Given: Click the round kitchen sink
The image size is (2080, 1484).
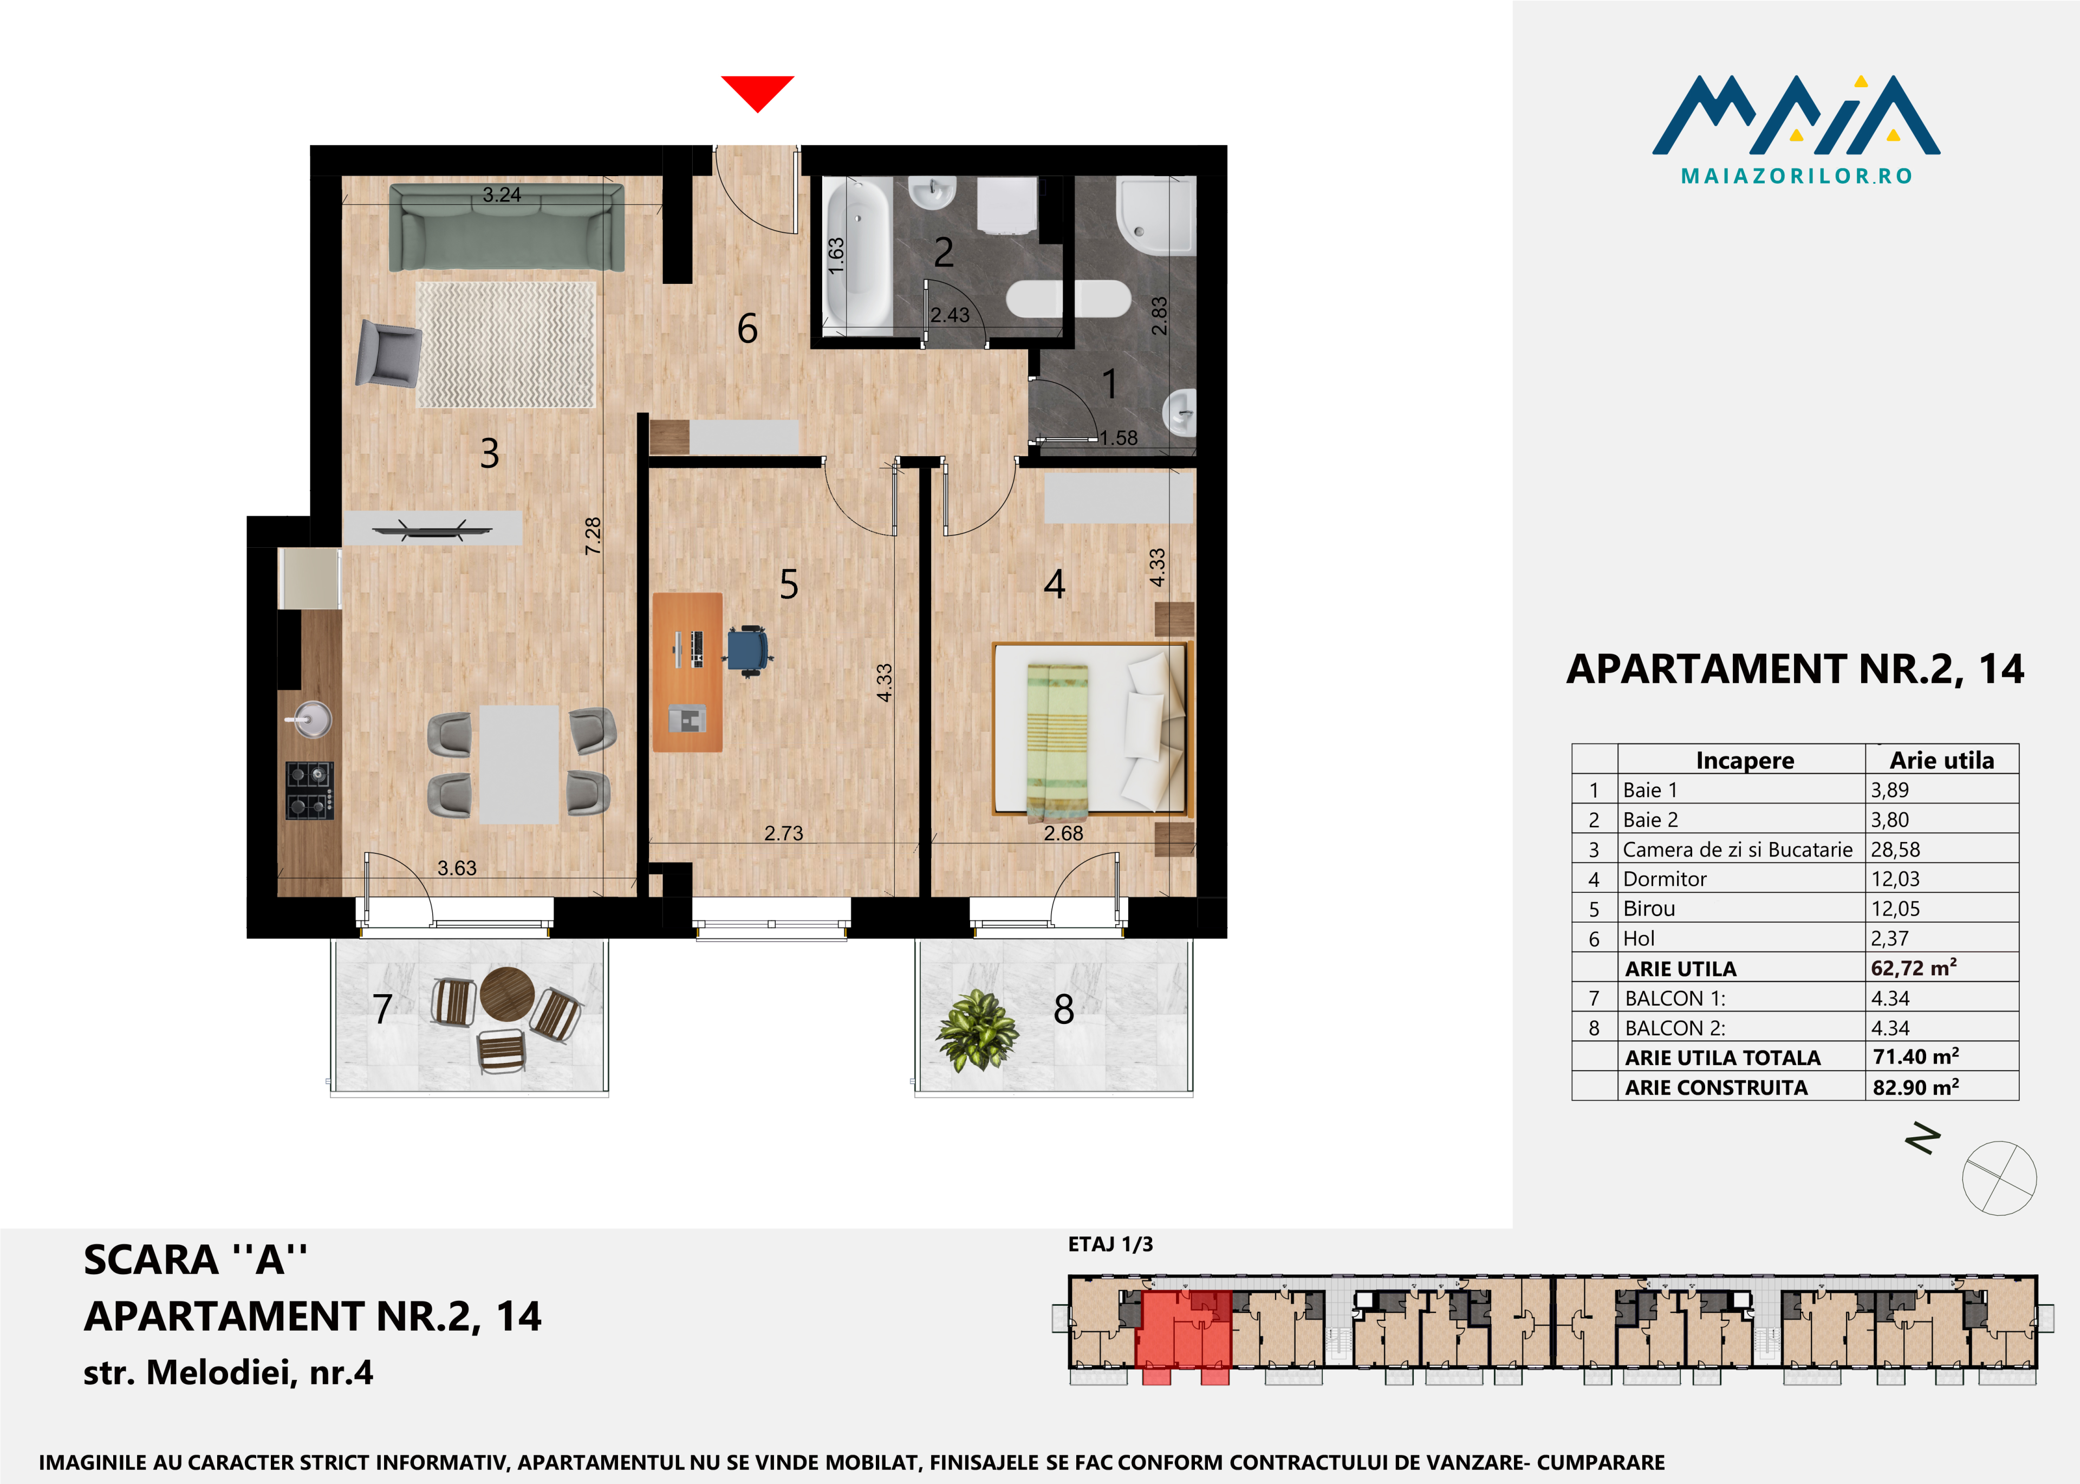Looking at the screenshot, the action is pos(310,718).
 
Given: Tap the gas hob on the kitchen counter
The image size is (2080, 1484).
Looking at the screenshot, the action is pos(310,790).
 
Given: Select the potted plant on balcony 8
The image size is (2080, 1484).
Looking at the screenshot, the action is pos(977,1030).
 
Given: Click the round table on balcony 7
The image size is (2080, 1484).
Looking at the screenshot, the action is pos(507,993).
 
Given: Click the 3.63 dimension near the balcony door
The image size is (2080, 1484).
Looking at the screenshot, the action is pos(457,868).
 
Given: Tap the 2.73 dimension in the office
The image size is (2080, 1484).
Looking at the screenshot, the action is pos(784,833).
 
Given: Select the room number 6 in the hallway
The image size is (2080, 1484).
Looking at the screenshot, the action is pos(747,328).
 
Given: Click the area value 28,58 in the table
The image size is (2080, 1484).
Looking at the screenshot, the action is pos(1895,849).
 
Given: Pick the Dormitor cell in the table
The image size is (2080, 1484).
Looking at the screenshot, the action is pos(1665,879).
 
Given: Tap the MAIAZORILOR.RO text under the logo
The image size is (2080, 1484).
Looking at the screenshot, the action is pos(1796,176).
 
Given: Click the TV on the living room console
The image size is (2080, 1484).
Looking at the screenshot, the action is pos(432,528).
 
